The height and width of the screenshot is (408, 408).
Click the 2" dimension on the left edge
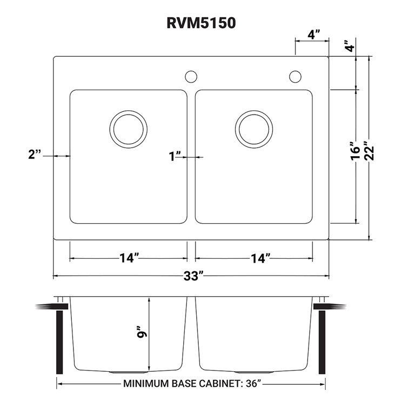(x=35, y=155)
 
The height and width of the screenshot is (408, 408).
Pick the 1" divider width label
(x=174, y=157)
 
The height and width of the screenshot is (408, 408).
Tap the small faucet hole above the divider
(x=191, y=76)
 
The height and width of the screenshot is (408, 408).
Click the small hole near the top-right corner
(x=295, y=76)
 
